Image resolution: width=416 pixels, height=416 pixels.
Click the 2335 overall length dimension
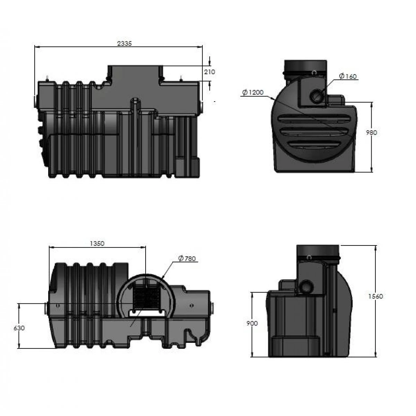coord(124,43)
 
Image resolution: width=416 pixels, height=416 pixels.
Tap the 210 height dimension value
coord(209,72)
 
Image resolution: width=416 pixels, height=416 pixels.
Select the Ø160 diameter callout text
coord(348,76)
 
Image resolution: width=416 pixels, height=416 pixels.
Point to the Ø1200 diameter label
coord(253,93)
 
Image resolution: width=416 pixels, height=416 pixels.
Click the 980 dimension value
coord(371,132)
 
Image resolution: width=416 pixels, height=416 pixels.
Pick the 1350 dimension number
coord(97,243)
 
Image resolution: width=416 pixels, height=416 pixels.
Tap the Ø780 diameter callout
coord(187,258)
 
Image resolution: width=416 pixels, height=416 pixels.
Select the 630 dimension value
coord(19,328)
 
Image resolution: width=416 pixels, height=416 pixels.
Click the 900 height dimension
coord(252,323)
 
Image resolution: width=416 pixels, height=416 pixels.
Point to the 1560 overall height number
coord(376,296)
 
